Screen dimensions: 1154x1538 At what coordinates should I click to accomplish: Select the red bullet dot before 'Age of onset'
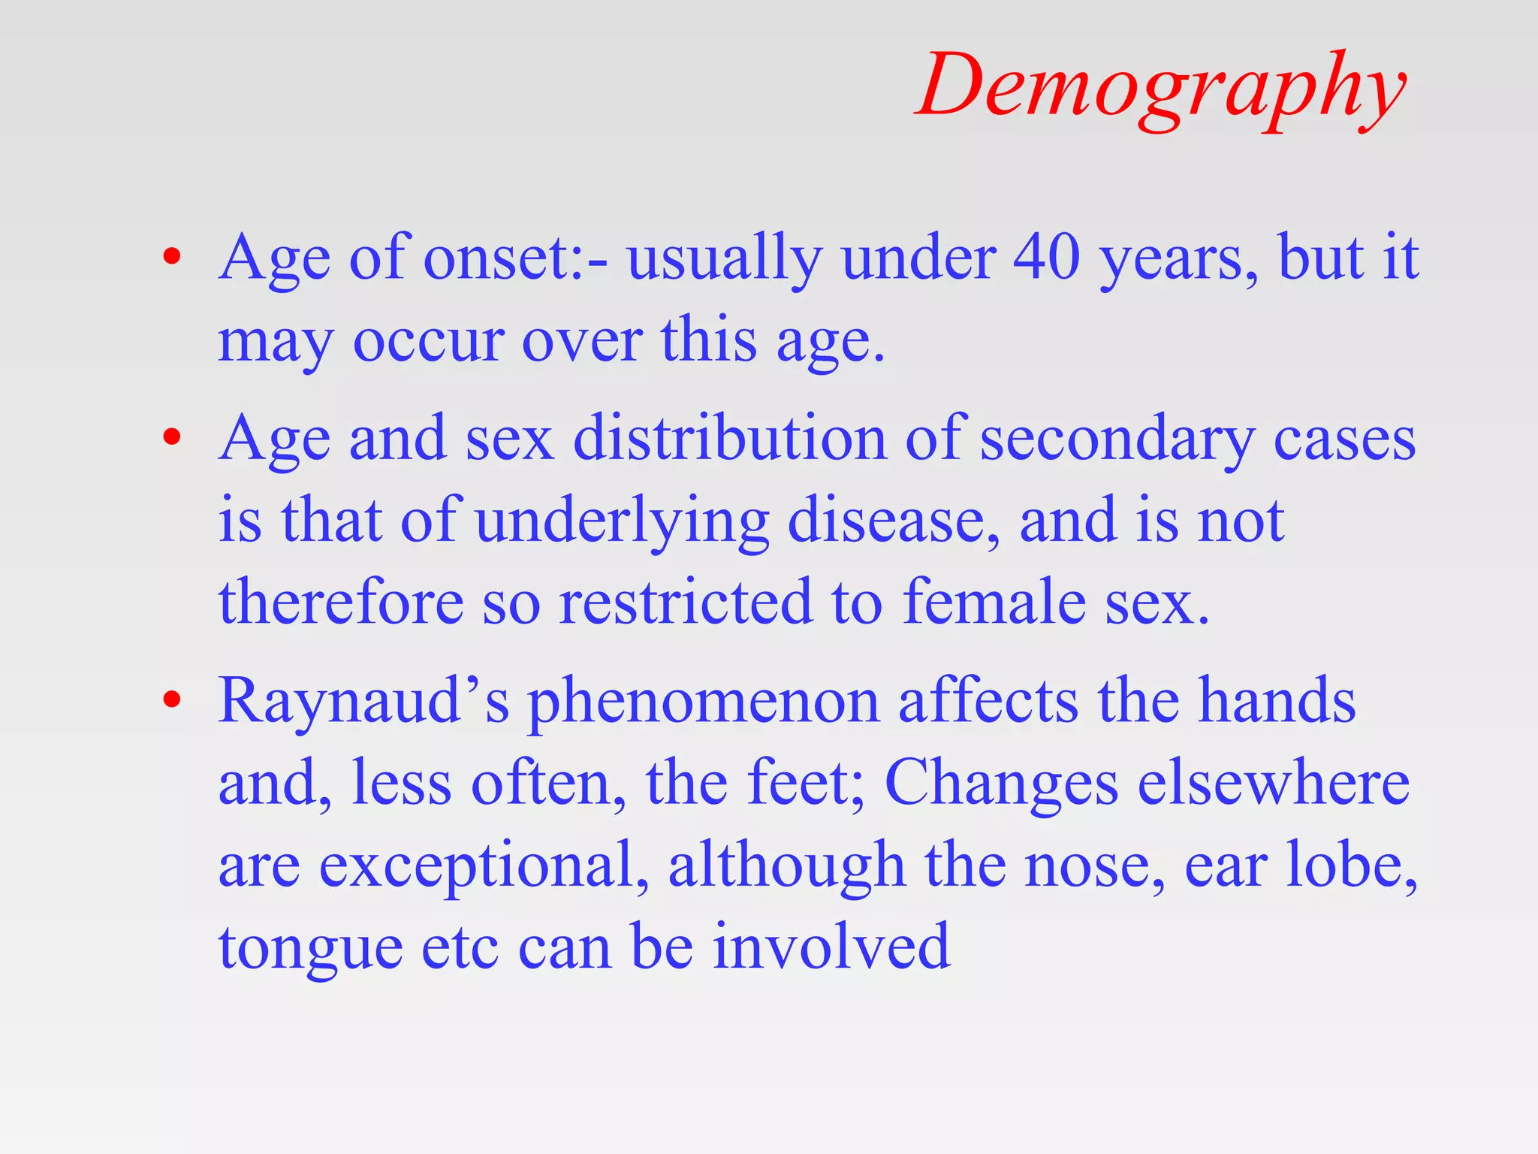click(172, 258)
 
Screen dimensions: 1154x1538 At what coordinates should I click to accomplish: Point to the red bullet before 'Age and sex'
click(172, 438)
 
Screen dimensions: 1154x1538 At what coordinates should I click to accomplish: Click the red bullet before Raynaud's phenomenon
click(172, 700)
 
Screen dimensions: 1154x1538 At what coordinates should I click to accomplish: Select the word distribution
click(730, 438)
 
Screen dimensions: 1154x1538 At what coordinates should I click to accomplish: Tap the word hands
click(1277, 701)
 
